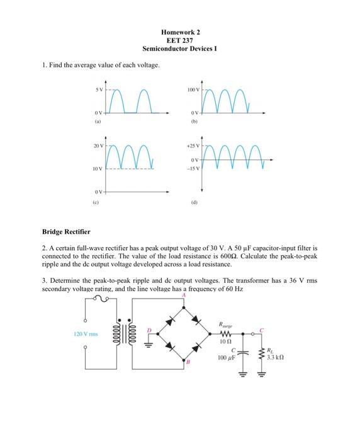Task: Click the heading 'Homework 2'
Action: click(x=179, y=31)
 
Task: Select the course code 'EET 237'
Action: click(x=179, y=40)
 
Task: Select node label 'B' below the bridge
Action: click(x=186, y=363)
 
